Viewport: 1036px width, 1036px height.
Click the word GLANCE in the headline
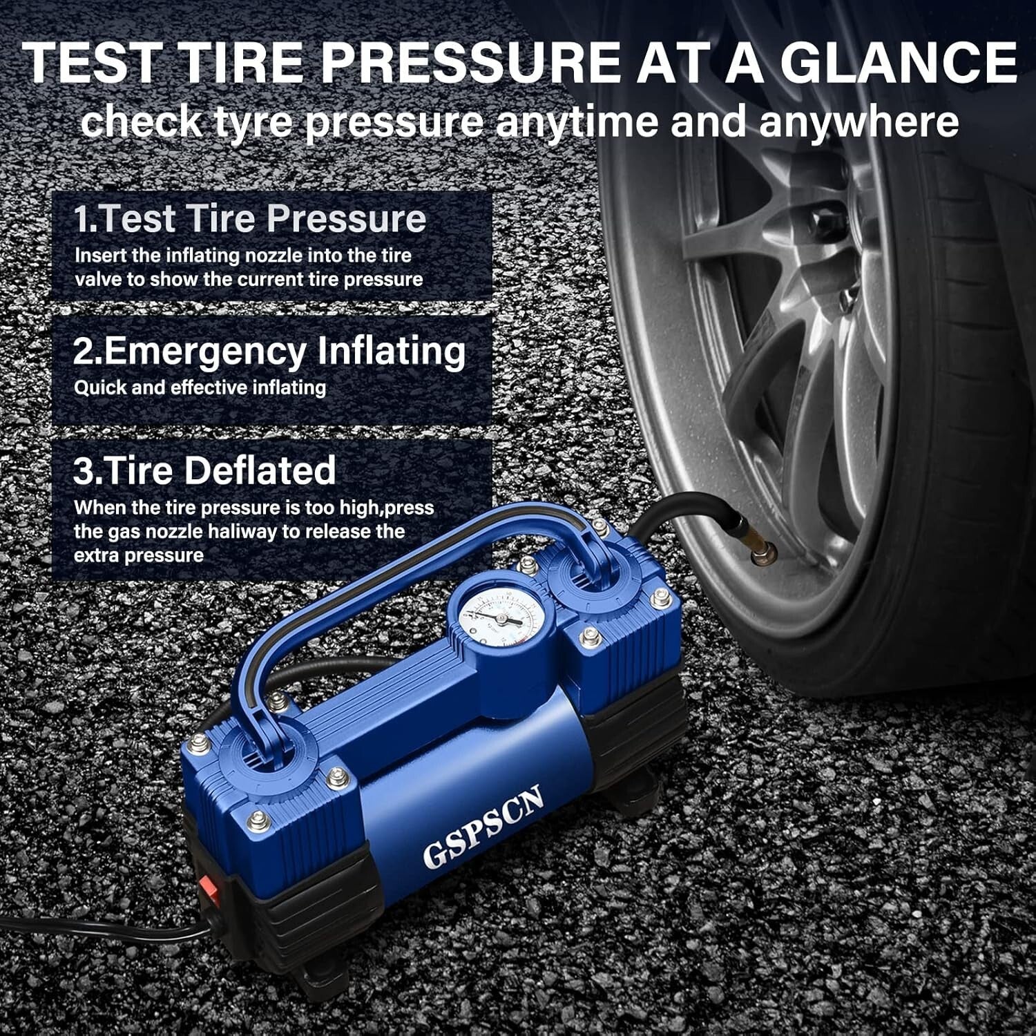[898, 64]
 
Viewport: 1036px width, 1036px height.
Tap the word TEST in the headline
[94, 64]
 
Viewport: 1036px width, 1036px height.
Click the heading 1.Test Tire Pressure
[250, 218]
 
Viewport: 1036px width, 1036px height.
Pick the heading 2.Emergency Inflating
[269, 351]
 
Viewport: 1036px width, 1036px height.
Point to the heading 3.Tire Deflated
[204, 470]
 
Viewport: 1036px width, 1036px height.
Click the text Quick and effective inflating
[200, 387]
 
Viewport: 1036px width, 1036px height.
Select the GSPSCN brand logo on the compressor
[483, 826]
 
